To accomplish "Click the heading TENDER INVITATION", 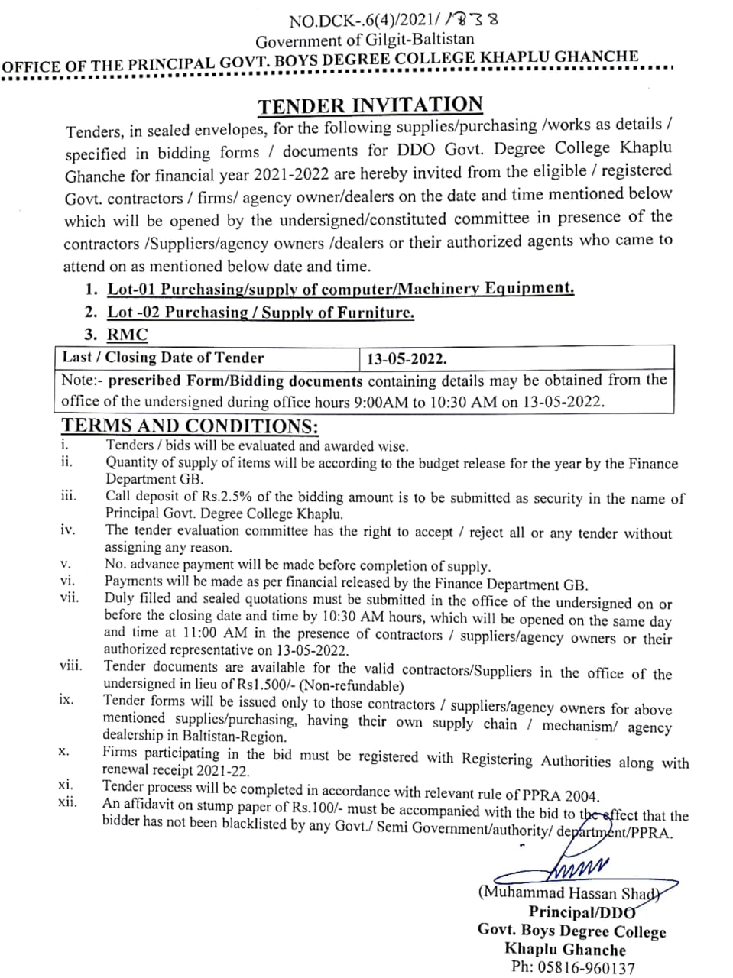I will click(370, 105).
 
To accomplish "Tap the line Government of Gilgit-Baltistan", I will click(365, 40).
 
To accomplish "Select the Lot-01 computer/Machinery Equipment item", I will click(340, 289).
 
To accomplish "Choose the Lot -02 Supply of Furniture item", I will click(261, 312).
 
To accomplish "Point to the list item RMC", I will click(127, 335).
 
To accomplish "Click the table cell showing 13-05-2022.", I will click(407, 358).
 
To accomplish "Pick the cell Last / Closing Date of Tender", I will click(163, 358).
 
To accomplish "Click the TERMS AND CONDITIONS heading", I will click(190, 426).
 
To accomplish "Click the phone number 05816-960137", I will click(585, 968).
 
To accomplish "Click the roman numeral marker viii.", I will click(71, 665).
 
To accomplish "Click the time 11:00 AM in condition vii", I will click(215, 633).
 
